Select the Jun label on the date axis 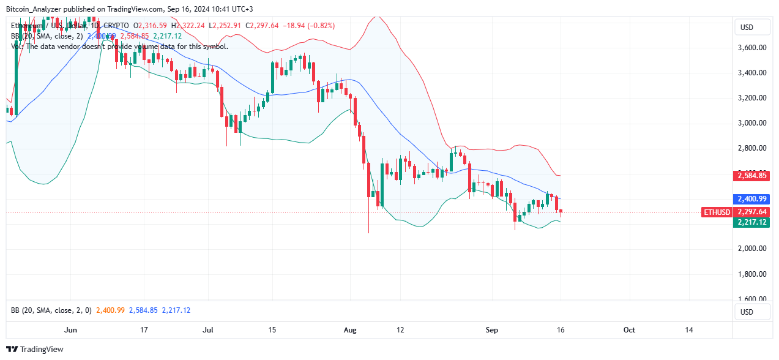(71, 330)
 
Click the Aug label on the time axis (351, 330)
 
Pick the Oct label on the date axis (629, 330)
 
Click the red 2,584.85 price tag (752, 176)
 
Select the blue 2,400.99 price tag (752, 199)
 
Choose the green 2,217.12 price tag (752, 222)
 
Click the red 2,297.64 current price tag (752, 212)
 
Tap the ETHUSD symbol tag (717, 212)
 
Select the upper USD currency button (747, 28)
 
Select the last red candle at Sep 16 (561, 212)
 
